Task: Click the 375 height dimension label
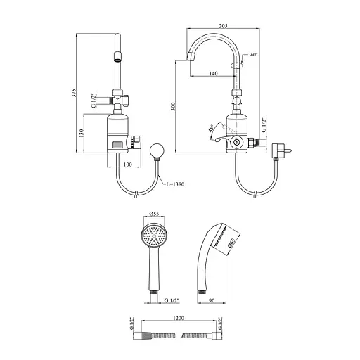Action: click(74, 94)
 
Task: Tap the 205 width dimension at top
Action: click(223, 26)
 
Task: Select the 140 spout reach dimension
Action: click(213, 74)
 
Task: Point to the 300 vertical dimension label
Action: click(173, 107)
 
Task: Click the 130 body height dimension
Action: click(82, 133)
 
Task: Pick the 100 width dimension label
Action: click(127, 165)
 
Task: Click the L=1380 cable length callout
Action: click(175, 184)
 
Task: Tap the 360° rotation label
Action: click(253, 55)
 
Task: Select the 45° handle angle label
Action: click(211, 128)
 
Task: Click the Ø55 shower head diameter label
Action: click(154, 214)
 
